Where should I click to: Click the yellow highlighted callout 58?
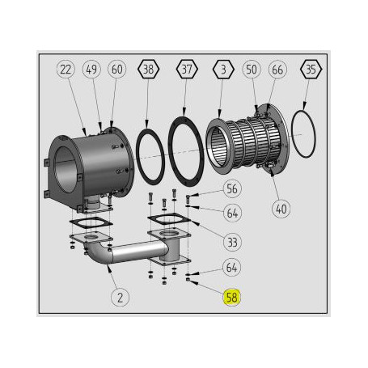pos(232,298)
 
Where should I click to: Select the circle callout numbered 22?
pos(66,70)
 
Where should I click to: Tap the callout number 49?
pos(92,70)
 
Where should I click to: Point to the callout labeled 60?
pos(117,70)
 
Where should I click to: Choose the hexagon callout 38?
pos(147,70)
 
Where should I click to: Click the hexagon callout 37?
pos(187,70)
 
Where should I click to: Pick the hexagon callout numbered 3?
pos(222,70)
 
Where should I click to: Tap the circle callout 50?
pos(252,70)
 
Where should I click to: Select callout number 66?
pos(277,70)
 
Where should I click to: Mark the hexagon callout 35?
pos(310,70)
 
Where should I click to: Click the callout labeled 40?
pos(281,208)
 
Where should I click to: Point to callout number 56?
pos(233,188)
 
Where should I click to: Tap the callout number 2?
pos(120,298)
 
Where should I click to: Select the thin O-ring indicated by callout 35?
pos(303,136)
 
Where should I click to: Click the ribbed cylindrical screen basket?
pos(243,146)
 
